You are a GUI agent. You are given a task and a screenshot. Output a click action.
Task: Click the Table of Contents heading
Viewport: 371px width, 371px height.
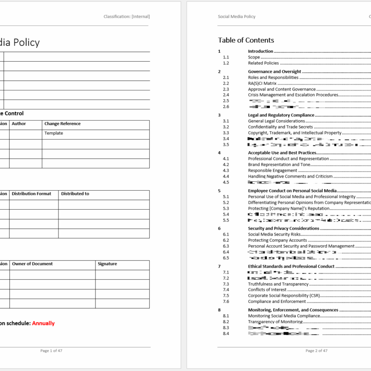[246, 40]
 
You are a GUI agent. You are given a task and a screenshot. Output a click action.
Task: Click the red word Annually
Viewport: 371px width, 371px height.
[43, 323]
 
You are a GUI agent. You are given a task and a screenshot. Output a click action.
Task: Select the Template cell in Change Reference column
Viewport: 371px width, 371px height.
[54, 133]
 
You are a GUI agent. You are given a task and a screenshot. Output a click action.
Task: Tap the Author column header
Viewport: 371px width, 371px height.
[19, 124]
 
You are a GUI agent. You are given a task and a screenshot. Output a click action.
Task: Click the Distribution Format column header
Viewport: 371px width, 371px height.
[32, 194]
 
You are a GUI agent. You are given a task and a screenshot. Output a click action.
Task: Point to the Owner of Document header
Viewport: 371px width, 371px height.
[32, 264]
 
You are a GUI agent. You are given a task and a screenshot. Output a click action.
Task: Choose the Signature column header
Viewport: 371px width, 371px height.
[107, 264]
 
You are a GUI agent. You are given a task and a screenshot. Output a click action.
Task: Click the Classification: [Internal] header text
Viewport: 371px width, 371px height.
[127, 17]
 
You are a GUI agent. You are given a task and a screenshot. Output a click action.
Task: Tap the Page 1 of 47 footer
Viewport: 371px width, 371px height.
[51, 351]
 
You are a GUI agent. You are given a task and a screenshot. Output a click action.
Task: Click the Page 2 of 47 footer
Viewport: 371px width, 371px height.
[316, 351]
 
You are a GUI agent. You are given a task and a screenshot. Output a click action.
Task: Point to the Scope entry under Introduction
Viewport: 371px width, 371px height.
[254, 58]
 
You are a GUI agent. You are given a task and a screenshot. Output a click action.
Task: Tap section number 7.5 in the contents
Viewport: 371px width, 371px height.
[226, 295]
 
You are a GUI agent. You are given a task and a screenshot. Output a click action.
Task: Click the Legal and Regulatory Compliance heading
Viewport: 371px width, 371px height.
[281, 115]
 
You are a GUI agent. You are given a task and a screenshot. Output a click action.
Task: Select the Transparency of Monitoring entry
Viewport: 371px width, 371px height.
[275, 322]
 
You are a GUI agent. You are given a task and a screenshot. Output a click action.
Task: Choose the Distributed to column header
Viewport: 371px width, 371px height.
[75, 194]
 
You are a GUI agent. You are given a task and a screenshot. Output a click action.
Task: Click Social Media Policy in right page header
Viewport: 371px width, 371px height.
[237, 17]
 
